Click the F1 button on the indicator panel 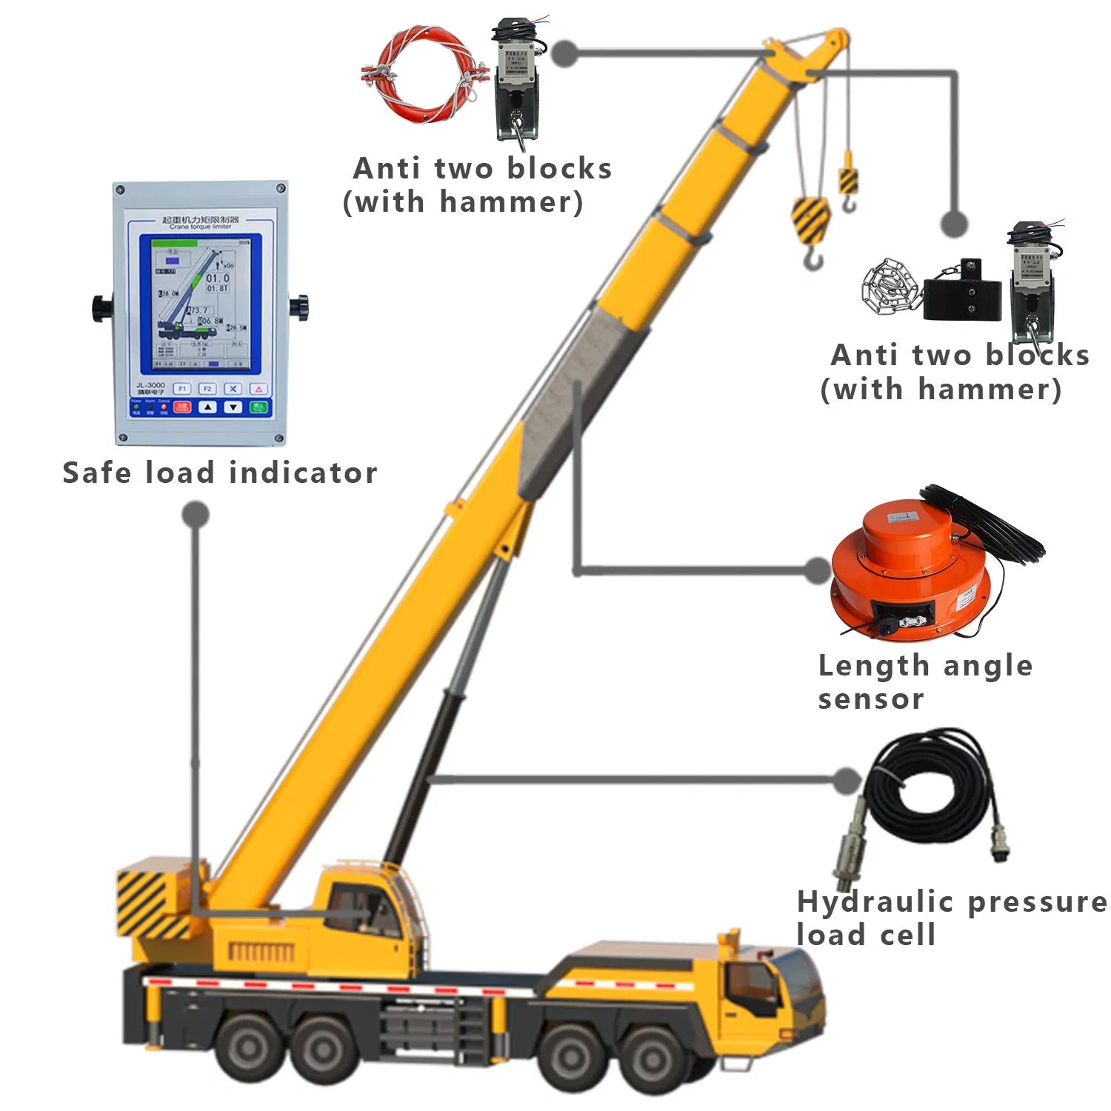pyautogui.click(x=182, y=388)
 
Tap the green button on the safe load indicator pyautogui.click(x=258, y=407)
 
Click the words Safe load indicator pyautogui.click(x=219, y=473)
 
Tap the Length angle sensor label pyautogui.click(x=924, y=681)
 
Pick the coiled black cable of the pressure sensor pyautogui.click(x=933, y=785)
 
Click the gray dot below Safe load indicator pyautogui.click(x=196, y=514)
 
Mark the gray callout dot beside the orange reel pyautogui.click(x=818, y=570)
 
